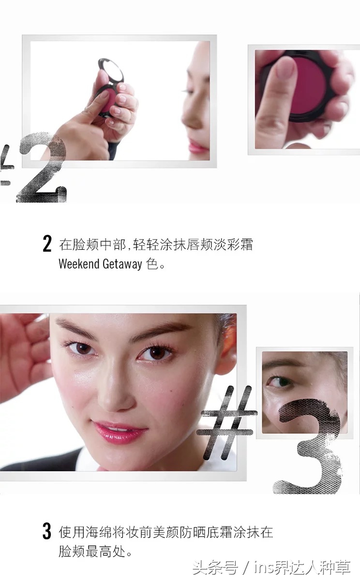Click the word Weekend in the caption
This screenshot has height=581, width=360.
click(x=79, y=264)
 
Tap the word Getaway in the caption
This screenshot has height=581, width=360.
click(x=122, y=264)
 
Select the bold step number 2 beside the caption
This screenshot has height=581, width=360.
click(x=47, y=244)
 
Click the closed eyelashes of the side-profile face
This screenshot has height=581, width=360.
click(x=186, y=92)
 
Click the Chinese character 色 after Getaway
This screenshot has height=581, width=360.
click(x=151, y=264)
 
